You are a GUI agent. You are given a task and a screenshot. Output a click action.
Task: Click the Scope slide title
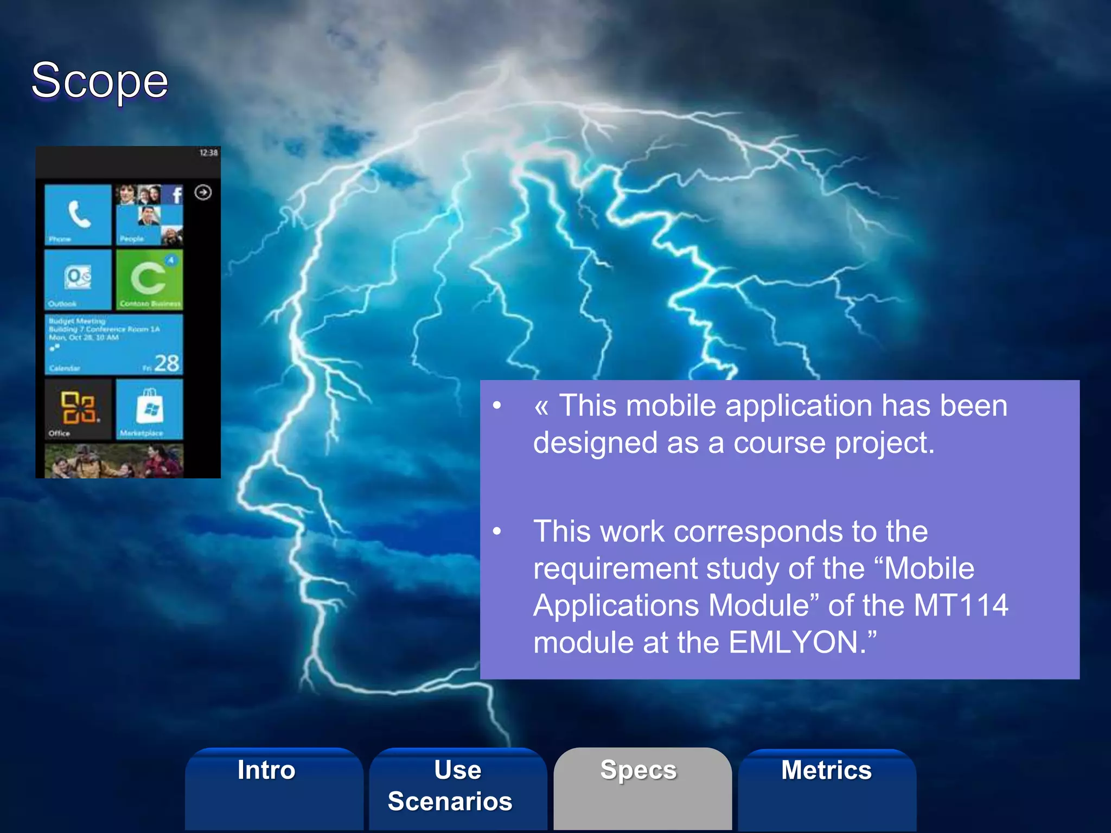click(100, 81)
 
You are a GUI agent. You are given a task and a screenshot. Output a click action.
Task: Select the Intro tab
click(266, 771)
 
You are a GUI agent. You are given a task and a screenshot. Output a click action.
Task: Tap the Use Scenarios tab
click(451, 785)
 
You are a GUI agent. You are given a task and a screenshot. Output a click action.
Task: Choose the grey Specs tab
click(639, 771)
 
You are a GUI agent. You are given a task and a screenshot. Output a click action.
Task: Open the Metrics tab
click(826, 771)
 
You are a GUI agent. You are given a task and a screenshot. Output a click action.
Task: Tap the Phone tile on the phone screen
click(78, 215)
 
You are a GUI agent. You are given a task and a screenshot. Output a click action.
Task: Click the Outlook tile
click(78, 279)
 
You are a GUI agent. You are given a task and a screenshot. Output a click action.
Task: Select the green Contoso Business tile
click(149, 279)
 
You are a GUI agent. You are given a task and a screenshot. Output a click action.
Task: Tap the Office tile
click(78, 409)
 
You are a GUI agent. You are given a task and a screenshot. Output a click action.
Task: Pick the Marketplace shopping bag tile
click(149, 409)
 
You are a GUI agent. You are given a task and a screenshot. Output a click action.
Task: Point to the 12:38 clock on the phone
click(208, 153)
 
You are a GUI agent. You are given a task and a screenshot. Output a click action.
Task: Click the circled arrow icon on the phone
click(203, 193)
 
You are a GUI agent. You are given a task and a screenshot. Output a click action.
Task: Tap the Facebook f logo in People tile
click(176, 194)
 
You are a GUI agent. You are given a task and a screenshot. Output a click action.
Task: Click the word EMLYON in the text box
click(793, 643)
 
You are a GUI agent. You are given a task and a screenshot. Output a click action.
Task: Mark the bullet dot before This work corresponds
click(497, 531)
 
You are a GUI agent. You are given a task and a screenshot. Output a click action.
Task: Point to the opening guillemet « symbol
click(541, 407)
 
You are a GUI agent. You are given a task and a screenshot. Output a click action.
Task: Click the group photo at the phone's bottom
click(113, 461)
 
